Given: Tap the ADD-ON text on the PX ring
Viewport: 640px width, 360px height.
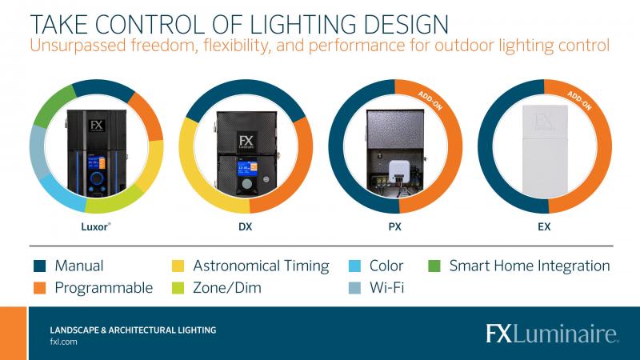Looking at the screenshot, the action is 430,101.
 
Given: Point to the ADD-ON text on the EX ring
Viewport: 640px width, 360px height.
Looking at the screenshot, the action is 579,101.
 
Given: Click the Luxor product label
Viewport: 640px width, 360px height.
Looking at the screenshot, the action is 95,226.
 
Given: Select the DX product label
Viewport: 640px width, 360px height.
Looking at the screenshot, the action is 246,226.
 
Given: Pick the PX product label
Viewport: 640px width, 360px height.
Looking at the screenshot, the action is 394,226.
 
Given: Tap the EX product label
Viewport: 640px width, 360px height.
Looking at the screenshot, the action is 544,226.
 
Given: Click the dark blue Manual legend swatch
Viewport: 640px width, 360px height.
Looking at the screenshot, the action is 39,266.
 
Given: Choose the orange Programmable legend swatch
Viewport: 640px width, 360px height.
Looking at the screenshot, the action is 39,288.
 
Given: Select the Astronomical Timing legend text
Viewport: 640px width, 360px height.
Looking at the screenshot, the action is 262,266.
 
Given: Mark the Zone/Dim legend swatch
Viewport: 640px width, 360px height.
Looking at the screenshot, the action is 178,288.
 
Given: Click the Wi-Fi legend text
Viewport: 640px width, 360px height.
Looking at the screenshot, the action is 386,288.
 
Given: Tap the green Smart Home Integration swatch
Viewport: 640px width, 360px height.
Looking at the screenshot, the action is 434,266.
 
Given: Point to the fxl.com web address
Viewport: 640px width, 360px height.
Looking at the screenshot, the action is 63,342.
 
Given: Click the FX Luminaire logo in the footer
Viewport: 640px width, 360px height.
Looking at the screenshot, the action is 552,334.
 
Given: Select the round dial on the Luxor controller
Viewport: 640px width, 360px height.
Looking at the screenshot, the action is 97,178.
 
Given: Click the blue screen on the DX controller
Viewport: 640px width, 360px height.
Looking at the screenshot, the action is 247,168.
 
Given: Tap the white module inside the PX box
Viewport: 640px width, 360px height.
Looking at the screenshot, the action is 398,171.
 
